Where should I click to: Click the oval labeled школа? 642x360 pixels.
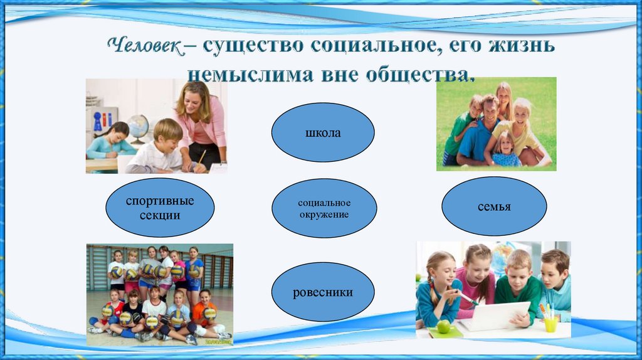322,133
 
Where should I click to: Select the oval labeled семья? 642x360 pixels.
493,206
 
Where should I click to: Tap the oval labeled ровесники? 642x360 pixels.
322,292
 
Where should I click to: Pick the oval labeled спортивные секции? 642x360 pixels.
160,208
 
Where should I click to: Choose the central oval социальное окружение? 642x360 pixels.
324,208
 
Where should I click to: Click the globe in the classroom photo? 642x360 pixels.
137,125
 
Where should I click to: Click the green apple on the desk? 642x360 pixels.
443,326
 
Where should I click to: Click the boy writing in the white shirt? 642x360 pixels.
159,148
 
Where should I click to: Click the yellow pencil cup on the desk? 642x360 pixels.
550,324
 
